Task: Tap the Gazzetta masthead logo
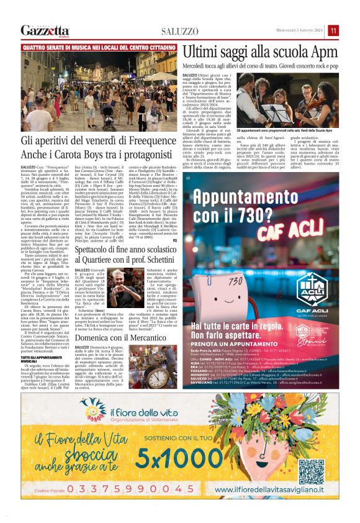pos(45,30)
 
